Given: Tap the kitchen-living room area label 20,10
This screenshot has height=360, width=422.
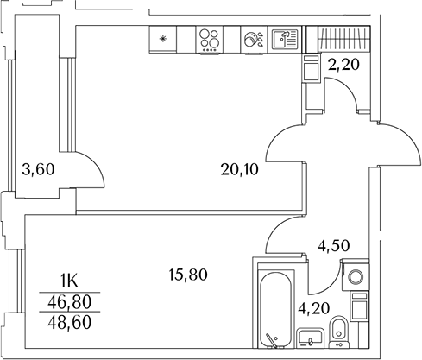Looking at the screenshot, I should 239,169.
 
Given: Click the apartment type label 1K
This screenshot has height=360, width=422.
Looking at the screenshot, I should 69,279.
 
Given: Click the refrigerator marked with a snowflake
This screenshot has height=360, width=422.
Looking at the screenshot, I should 162,40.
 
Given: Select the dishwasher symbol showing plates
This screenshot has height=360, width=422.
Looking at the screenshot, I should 251,40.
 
